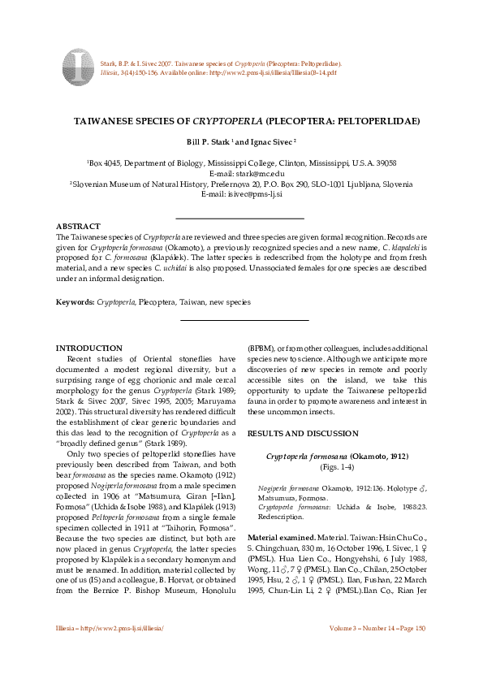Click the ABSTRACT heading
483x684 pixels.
pos(78,225)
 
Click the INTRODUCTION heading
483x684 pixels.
pos(94,348)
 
